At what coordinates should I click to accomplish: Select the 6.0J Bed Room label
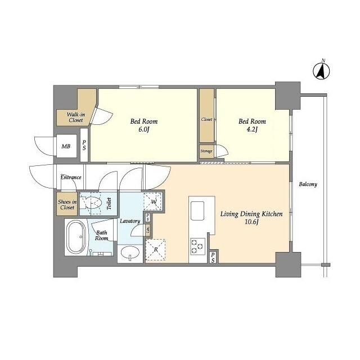(144, 125)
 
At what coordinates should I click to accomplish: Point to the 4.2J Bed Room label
(251, 125)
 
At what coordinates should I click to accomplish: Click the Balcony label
(308, 184)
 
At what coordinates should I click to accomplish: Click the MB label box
(66, 147)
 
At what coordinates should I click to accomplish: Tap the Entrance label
(71, 178)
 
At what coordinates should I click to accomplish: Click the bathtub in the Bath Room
(76, 237)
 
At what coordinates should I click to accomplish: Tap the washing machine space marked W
(152, 200)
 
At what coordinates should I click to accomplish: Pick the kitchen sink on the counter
(199, 211)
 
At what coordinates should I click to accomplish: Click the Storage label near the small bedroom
(206, 151)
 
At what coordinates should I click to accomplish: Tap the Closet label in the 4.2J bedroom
(206, 120)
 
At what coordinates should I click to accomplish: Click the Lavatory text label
(130, 221)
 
